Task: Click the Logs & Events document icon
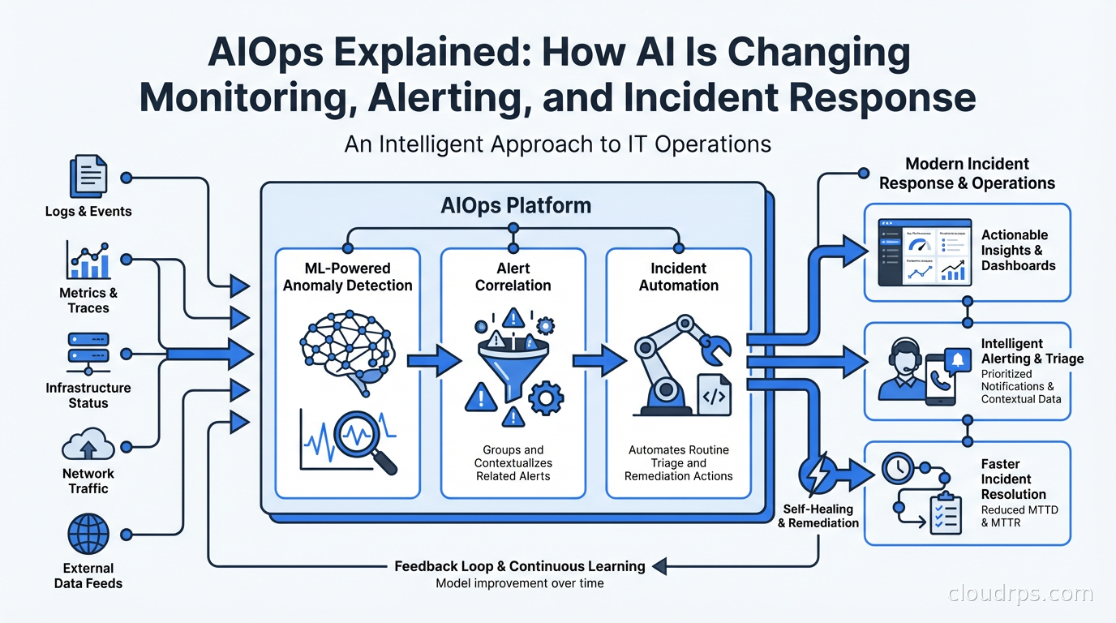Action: (x=88, y=175)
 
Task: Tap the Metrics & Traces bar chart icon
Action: (x=88, y=259)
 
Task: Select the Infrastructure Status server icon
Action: (x=88, y=354)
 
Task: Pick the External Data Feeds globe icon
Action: (x=88, y=536)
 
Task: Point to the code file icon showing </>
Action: (x=713, y=395)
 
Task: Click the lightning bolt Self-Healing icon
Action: (x=818, y=472)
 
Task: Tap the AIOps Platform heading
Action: (x=516, y=205)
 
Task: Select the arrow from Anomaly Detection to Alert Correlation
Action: (x=433, y=359)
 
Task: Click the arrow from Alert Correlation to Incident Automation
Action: (x=599, y=359)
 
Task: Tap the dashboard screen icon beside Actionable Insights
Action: (x=925, y=251)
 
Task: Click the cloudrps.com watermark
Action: (x=1020, y=594)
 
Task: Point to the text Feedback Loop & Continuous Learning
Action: (x=520, y=566)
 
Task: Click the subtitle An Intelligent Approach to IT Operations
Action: (x=557, y=144)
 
